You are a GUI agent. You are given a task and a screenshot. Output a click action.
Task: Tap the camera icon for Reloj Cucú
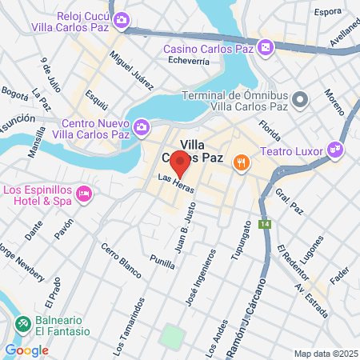click(121, 21)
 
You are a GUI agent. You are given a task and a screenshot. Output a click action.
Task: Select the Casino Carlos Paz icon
click(265, 49)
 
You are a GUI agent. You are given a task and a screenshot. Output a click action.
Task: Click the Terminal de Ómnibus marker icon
click(300, 100)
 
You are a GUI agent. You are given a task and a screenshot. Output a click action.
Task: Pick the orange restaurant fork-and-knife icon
click(240, 164)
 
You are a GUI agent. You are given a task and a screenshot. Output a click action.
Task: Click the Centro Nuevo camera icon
click(141, 127)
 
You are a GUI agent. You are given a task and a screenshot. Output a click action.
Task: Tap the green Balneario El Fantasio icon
click(23, 325)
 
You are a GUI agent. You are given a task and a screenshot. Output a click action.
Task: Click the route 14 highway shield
click(265, 225)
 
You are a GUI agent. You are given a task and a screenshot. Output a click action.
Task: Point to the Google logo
click(26, 350)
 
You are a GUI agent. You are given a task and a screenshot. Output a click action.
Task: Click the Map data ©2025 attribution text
click(326, 354)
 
